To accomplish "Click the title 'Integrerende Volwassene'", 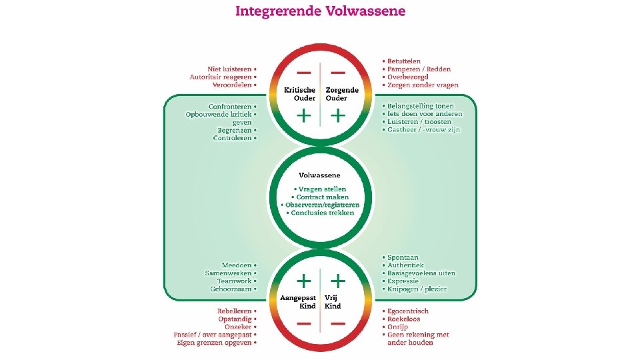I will click(x=320, y=11).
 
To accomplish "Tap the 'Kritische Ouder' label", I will click(x=300, y=94).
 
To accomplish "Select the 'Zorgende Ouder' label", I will click(x=341, y=94).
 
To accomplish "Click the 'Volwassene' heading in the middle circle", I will click(x=320, y=175).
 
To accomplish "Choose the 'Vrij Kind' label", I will click(x=333, y=301).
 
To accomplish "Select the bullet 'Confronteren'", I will click(x=231, y=107).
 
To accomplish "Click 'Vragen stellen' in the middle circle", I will click(x=322, y=189).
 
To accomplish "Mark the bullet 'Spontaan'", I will click(x=403, y=257).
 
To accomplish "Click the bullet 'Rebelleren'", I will click(x=235, y=311).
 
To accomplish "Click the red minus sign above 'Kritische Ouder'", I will click(x=303, y=72).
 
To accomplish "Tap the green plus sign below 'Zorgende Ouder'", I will click(x=338, y=116).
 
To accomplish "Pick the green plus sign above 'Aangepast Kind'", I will click(x=303, y=279).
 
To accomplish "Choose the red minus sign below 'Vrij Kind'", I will click(x=338, y=323).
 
